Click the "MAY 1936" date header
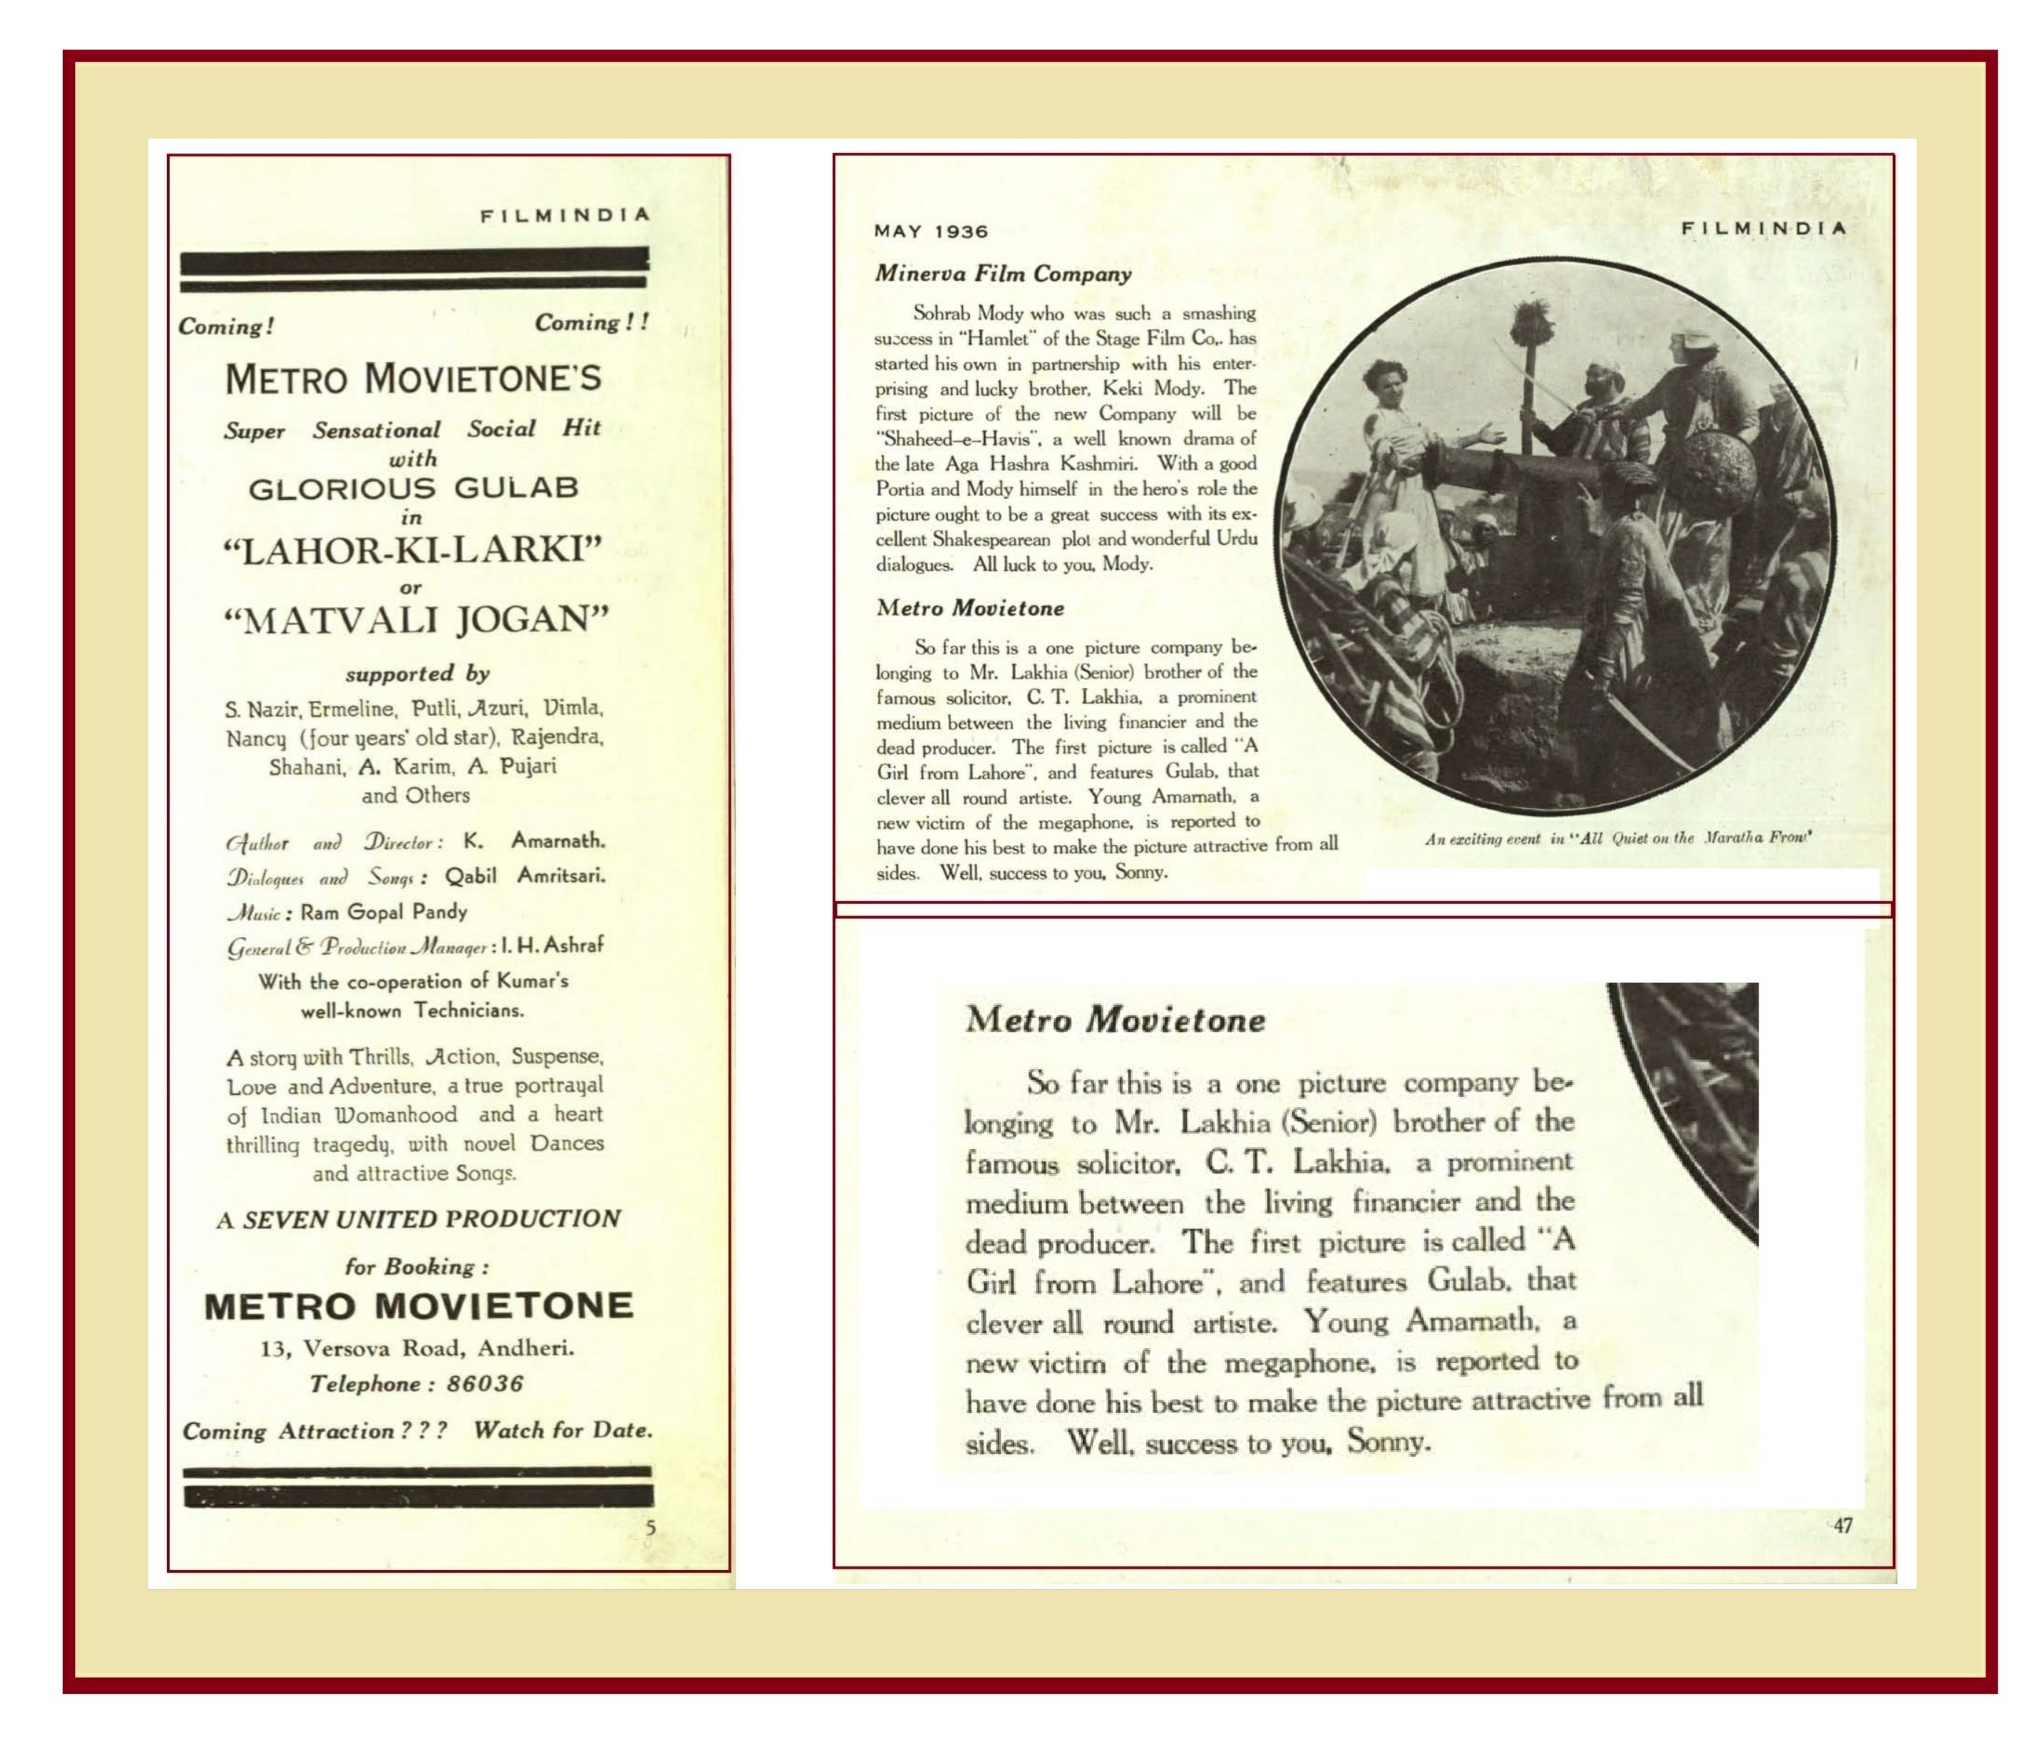pos(930,231)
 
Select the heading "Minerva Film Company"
pos(1003,274)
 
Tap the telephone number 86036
pos(484,1383)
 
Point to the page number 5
pos(650,1527)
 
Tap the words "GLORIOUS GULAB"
pos(412,489)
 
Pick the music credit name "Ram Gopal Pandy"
pos(384,911)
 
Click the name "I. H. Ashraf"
pos(552,945)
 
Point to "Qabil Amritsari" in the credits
pos(524,876)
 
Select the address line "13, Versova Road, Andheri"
pos(417,1348)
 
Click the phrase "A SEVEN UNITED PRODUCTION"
pos(418,1219)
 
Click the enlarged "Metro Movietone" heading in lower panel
pos(1115,1019)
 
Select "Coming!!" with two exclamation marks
pos(592,322)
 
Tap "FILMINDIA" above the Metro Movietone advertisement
pos(565,215)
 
